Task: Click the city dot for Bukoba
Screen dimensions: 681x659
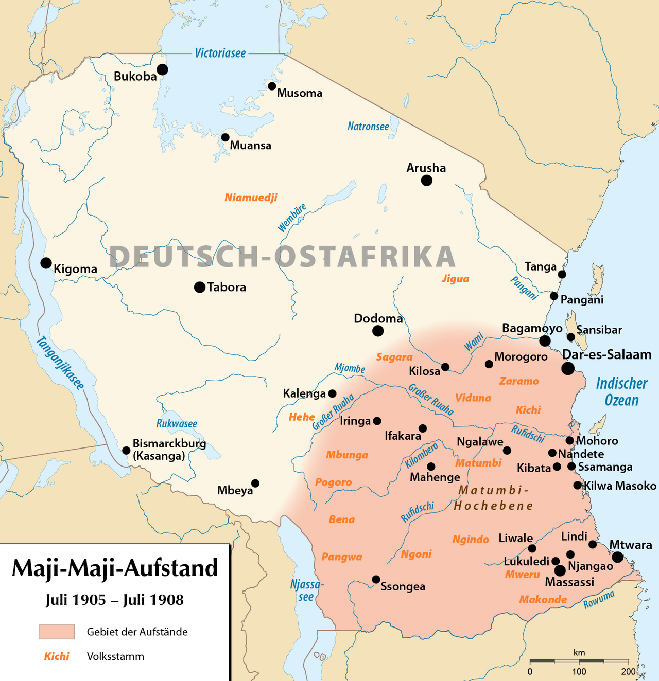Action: [x=162, y=69]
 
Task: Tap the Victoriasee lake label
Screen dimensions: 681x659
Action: [x=220, y=53]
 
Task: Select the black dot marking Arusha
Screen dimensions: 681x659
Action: [x=426, y=180]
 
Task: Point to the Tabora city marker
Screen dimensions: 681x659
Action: [x=200, y=287]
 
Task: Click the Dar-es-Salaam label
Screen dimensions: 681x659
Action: [x=606, y=354]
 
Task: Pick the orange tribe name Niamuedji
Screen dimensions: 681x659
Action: [x=251, y=198]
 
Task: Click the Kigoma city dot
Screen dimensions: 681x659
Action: [x=46, y=263]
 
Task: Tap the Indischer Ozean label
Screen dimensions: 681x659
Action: [x=621, y=391]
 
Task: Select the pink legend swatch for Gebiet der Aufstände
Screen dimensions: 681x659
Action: [x=57, y=631]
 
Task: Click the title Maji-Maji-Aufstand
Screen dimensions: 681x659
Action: [x=115, y=568]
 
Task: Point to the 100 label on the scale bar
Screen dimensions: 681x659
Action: [x=579, y=671]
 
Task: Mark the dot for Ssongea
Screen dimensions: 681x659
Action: [x=376, y=579]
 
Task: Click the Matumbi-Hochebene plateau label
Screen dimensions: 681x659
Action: [x=493, y=497]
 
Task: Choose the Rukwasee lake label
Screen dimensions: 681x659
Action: [x=177, y=424]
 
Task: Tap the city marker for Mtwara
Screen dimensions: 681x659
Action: [x=617, y=557]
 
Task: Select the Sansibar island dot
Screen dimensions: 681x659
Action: [x=570, y=337]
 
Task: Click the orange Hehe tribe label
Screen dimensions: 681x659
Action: [x=302, y=417]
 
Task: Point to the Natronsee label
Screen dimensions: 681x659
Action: [x=368, y=126]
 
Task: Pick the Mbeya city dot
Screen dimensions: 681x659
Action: [x=255, y=483]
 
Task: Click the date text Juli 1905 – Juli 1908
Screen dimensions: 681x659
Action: [x=114, y=600]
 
